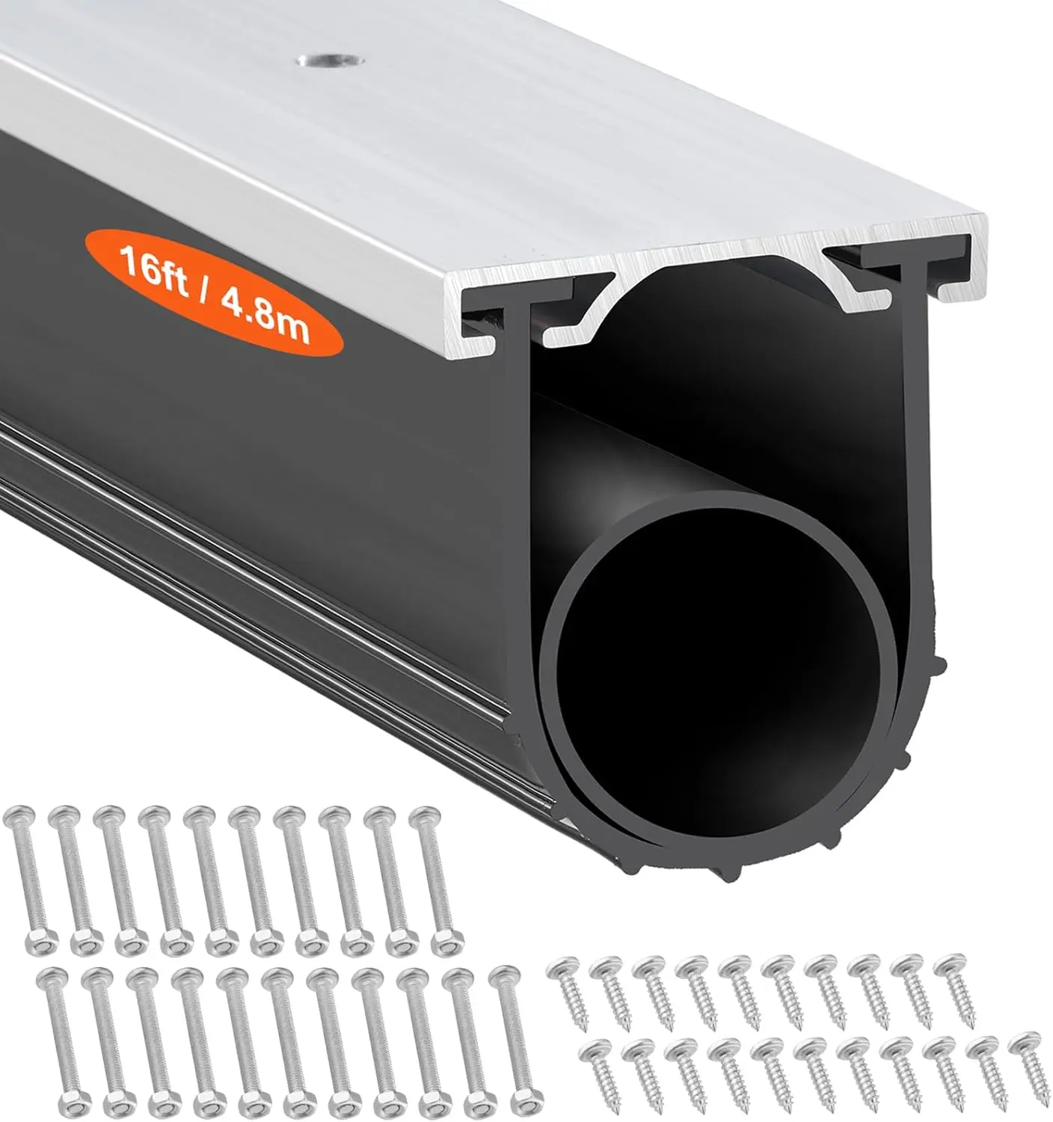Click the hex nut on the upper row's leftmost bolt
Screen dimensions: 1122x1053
(x=37, y=940)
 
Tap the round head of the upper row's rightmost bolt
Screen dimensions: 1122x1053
(x=423, y=818)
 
